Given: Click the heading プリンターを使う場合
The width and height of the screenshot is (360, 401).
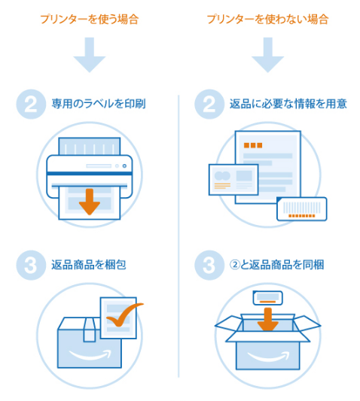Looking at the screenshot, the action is click(90, 19).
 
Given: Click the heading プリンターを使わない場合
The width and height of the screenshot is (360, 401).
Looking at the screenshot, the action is click(267, 19).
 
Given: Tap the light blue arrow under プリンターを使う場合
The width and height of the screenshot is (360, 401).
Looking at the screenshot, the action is click(90, 55).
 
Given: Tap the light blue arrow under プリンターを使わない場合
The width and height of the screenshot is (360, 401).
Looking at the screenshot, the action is click(268, 55).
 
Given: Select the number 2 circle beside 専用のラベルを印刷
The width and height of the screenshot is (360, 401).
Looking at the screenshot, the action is click(31, 104).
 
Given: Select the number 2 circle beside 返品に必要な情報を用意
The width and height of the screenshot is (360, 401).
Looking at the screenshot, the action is click(209, 104).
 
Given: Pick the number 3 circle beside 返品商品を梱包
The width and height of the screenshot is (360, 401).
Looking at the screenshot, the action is click(31, 266).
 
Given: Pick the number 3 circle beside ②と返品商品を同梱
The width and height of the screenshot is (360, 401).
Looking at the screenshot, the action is click(209, 266).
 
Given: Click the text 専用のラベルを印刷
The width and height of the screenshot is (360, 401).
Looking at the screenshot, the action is click(99, 104).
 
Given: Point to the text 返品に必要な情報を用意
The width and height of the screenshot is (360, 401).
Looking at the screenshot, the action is click(288, 104).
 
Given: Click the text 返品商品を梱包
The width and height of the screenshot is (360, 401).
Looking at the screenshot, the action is click(89, 265).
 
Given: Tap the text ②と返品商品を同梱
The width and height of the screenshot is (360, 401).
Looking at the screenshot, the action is click(277, 265).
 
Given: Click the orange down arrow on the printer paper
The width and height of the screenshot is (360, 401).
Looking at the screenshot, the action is click(90, 202).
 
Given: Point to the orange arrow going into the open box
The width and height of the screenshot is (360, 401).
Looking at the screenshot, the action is click(268, 319).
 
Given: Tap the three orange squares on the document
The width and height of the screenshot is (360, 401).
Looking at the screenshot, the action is click(253, 145).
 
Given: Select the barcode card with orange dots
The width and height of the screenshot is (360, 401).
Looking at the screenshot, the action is click(302, 208).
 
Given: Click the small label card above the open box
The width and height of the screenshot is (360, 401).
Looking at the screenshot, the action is click(268, 298).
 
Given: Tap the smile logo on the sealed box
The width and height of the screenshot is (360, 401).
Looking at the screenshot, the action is click(90, 354).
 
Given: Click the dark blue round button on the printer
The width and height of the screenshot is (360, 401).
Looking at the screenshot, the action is click(124, 166).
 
